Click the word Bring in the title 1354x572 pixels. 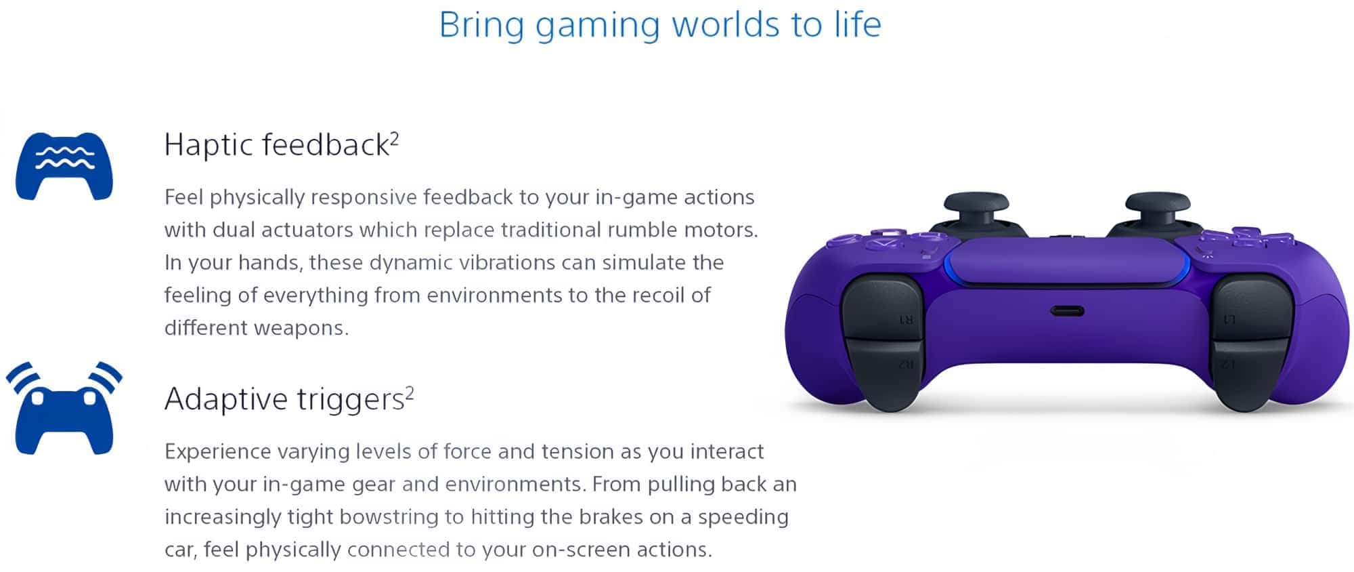[481, 26]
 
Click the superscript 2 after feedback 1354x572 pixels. [394, 139]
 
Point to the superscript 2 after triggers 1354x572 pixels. [409, 393]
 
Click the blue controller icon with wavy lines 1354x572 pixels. [64, 166]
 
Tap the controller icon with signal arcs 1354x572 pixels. [64, 408]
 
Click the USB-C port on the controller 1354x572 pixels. [1067, 312]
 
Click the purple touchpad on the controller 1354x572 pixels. [1067, 261]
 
